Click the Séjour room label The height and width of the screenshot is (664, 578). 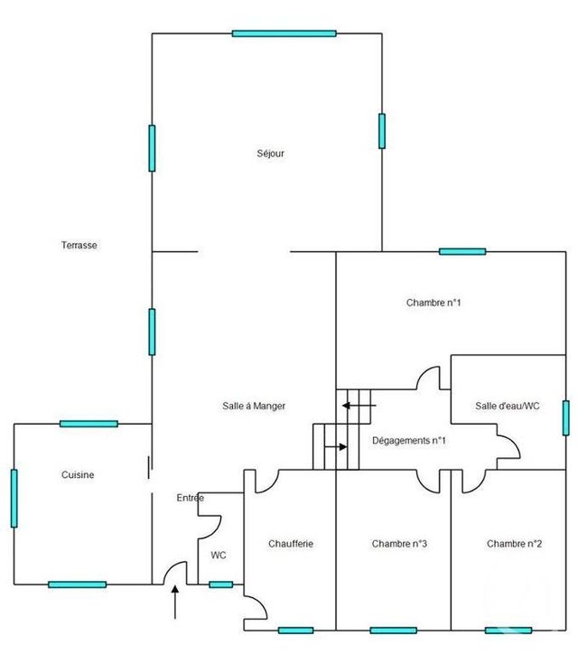tap(271, 154)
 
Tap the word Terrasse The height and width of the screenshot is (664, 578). tap(79, 245)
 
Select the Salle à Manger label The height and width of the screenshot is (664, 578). tap(254, 407)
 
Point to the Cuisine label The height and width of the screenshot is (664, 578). tap(78, 474)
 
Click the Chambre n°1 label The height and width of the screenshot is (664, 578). tap(433, 303)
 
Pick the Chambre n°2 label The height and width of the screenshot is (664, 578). tap(514, 544)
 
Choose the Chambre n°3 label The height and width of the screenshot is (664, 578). tap(399, 544)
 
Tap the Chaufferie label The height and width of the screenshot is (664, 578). tap(290, 544)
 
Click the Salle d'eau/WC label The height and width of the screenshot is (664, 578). tap(507, 407)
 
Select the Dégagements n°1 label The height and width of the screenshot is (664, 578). tap(410, 441)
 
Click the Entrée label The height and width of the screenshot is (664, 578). tap(190, 498)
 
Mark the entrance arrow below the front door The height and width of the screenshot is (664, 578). tap(175, 602)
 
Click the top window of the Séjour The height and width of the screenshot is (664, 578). tap(284, 33)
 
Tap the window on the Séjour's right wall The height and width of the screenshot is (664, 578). tap(382, 131)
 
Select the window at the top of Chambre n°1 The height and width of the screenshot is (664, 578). tap(462, 251)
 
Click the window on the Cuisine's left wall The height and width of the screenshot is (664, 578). tap(14, 498)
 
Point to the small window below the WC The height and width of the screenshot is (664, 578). tap(220, 585)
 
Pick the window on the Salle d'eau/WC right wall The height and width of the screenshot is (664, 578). tap(565, 418)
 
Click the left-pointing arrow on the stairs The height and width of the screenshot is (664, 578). tap(352, 407)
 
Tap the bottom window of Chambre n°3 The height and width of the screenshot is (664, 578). tap(394, 630)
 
